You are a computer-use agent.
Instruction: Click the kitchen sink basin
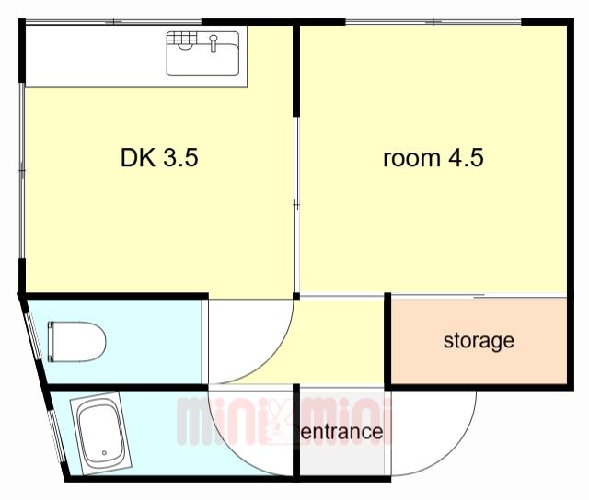click(202, 53)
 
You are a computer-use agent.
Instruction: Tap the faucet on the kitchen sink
click(214, 43)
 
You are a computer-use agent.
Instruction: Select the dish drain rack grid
click(182, 39)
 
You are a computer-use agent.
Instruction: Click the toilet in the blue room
click(76, 341)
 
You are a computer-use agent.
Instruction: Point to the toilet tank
click(52, 341)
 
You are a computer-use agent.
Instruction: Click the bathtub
click(100, 434)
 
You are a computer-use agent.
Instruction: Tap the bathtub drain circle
click(104, 453)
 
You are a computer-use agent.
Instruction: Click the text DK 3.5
click(159, 157)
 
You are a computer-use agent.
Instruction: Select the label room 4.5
click(433, 157)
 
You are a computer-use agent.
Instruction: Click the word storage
click(479, 341)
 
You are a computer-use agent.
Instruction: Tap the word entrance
click(342, 432)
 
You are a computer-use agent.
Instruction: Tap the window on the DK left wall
click(22, 171)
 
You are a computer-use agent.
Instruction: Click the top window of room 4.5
click(433, 22)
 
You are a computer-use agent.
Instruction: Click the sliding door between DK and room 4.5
click(296, 205)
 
